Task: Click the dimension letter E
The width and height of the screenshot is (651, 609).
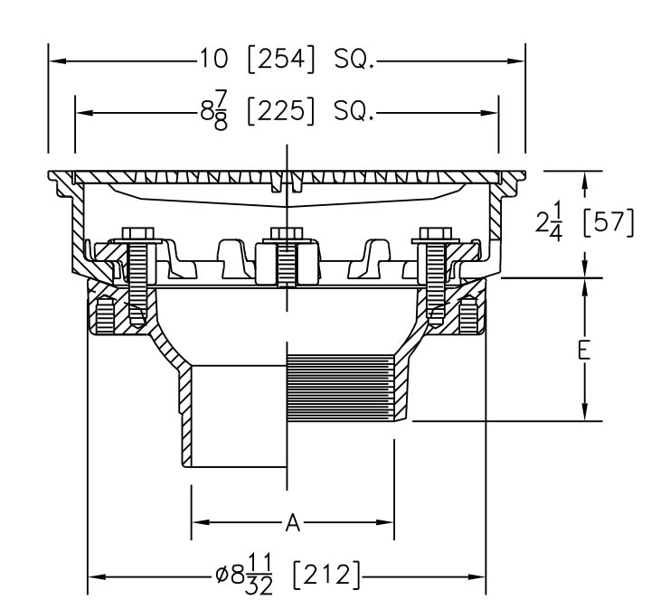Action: coord(585,350)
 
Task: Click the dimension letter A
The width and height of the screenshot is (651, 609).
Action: coord(292,521)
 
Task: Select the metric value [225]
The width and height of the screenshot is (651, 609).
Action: coord(280,113)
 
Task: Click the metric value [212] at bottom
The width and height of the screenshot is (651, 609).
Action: coord(326,576)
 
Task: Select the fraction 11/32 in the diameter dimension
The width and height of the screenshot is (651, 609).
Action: coord(259,576)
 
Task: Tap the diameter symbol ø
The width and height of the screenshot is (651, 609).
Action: coord(222,576)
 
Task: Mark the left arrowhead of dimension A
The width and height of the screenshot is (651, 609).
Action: coord(198,521)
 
